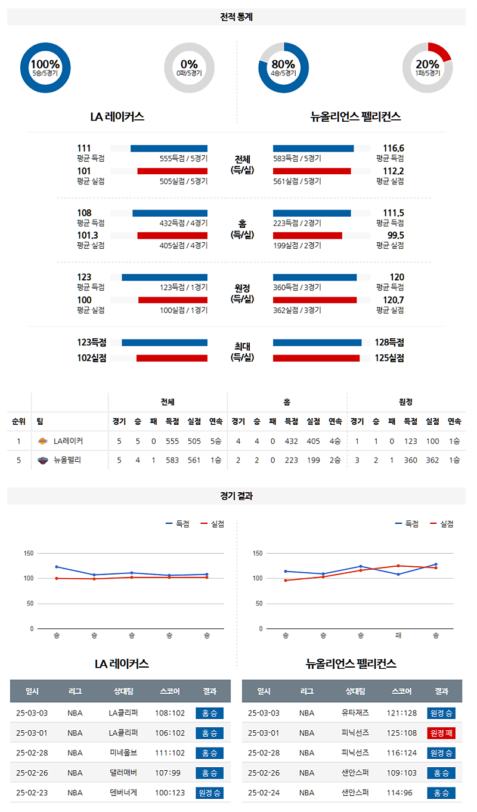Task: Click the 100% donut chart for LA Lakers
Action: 45,67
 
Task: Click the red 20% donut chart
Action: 428,67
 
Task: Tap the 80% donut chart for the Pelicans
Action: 283,67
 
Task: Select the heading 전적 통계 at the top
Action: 237,17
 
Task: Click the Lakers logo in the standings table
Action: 42,441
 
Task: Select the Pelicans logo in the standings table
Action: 42,460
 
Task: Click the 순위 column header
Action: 18,421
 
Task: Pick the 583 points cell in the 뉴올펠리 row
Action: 172,460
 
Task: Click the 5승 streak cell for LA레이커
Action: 216,441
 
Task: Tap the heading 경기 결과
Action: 237,496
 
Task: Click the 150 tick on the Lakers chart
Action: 28,553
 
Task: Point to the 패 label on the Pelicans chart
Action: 398,635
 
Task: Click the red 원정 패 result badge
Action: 441,733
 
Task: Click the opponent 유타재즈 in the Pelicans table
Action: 355,713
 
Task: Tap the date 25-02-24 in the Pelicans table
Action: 264,793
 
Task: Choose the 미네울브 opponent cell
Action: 123,753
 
